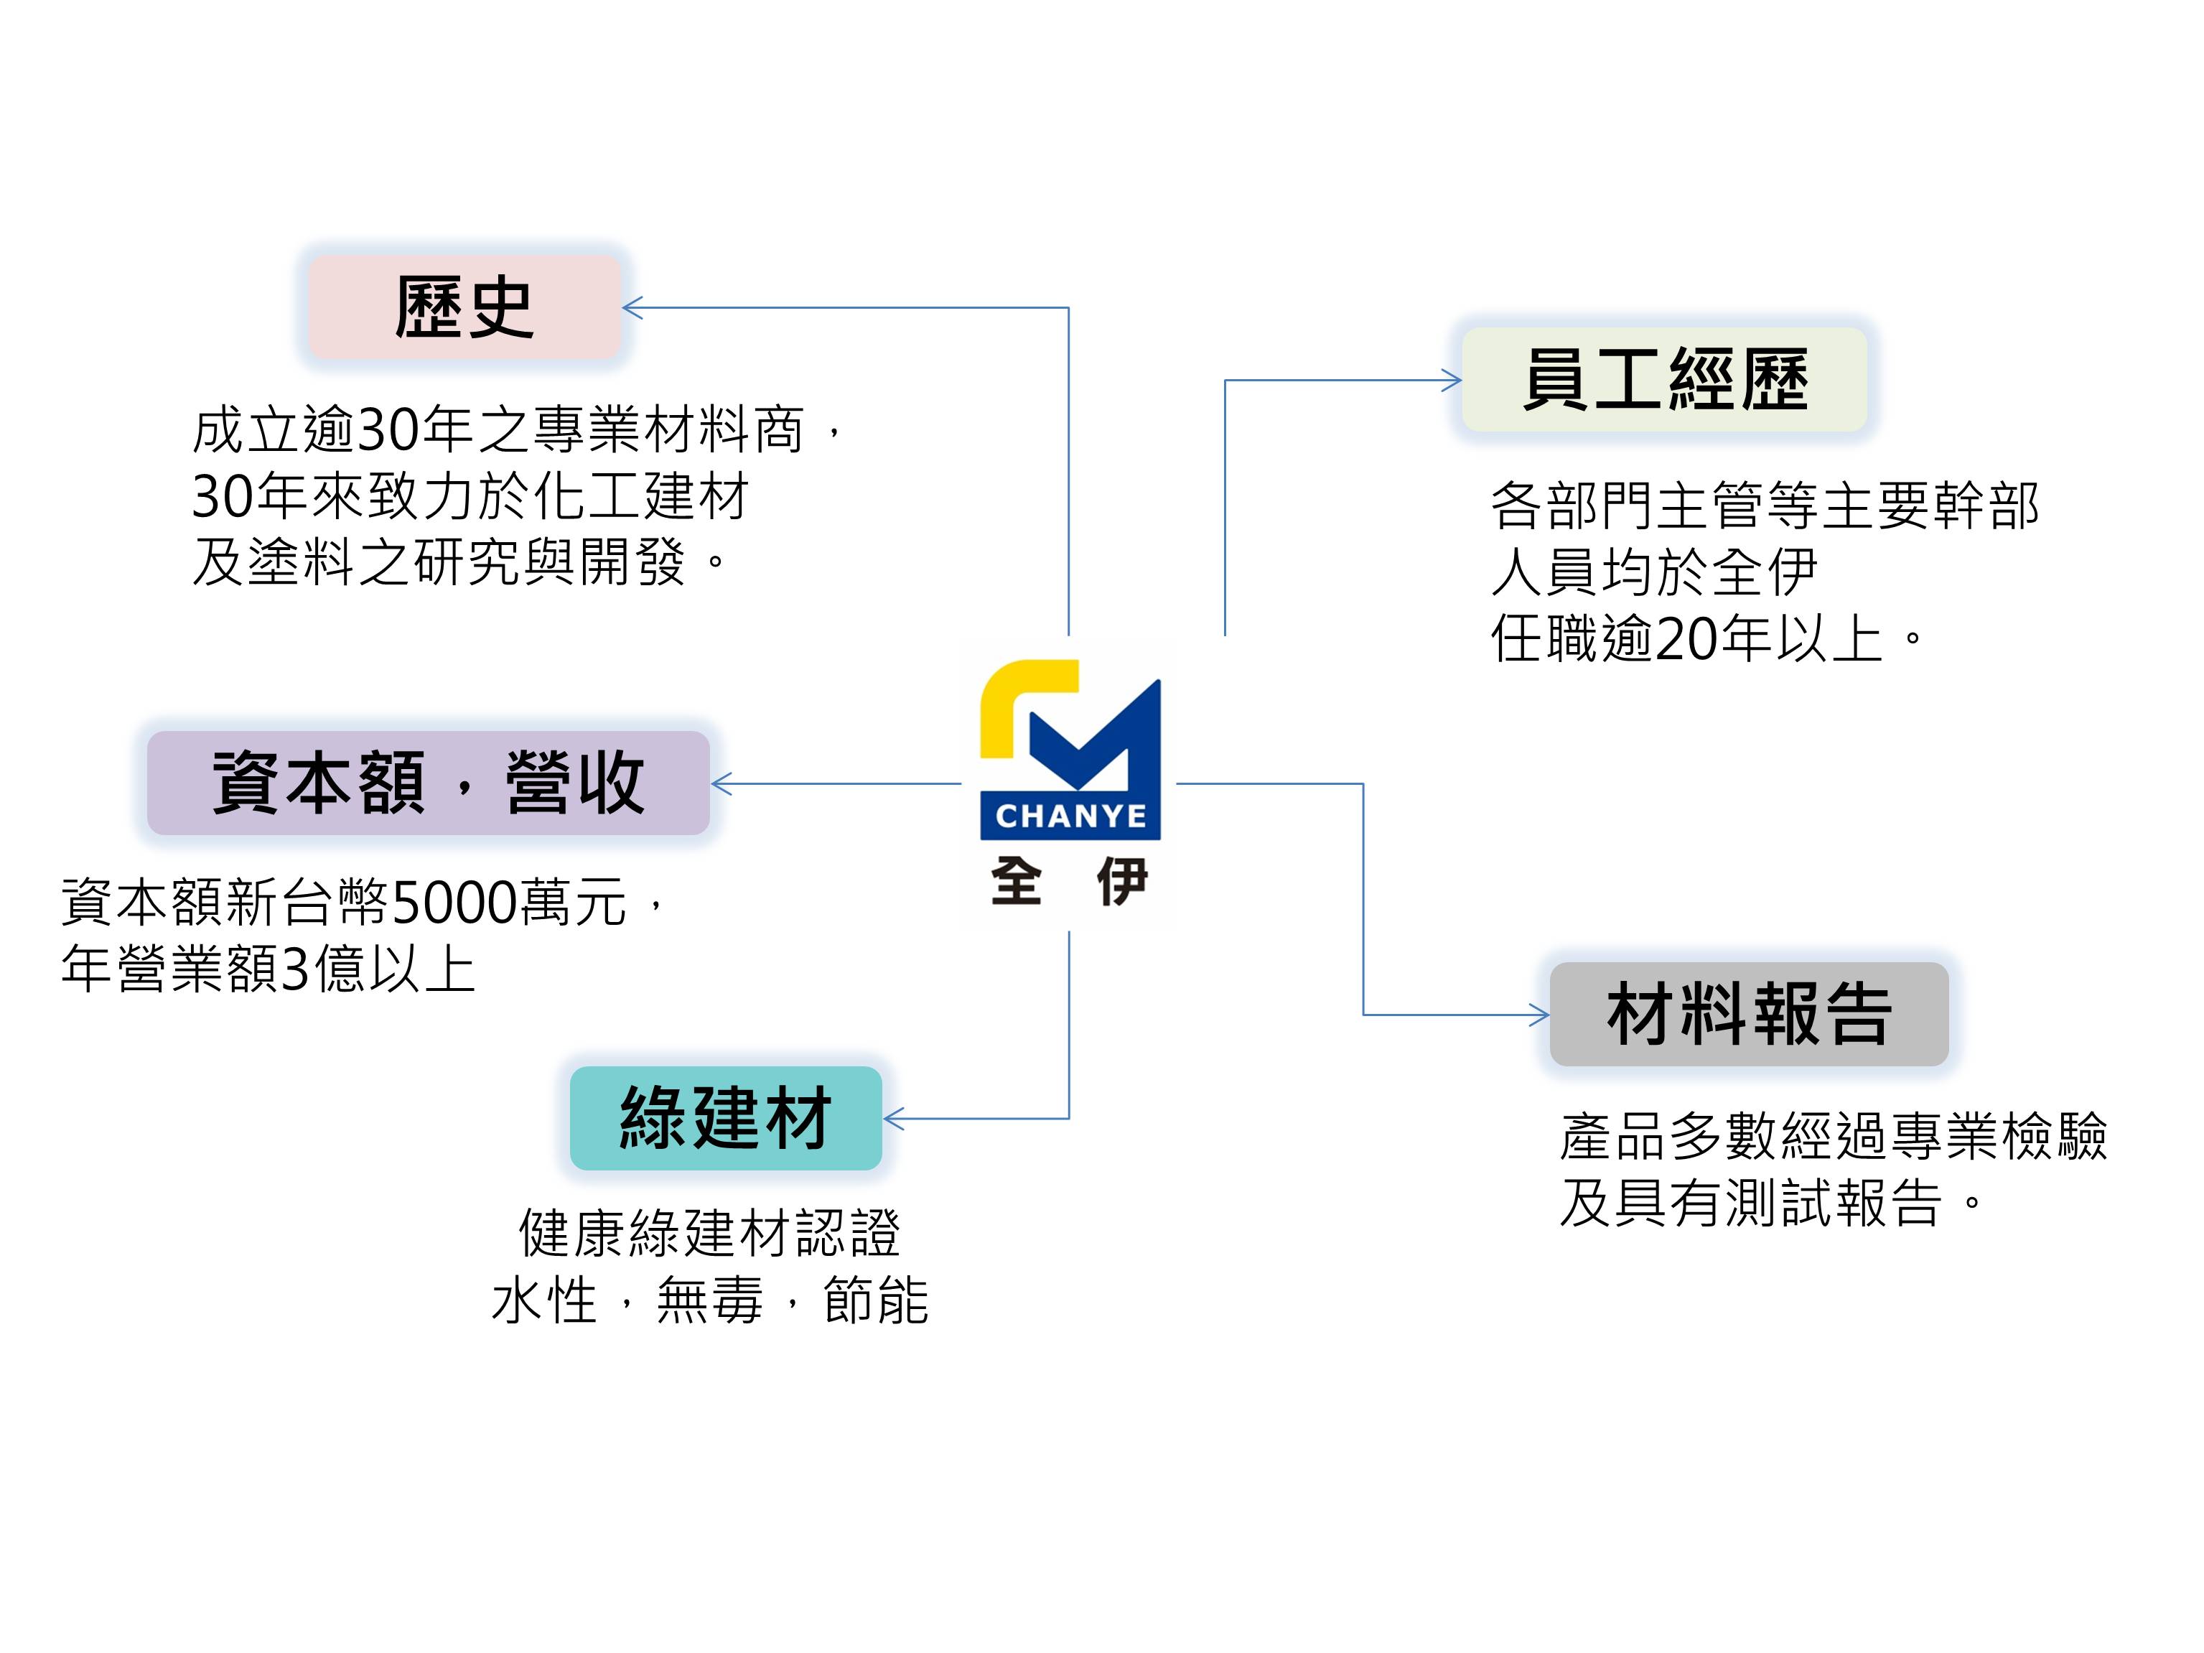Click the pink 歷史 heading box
coord(464,307)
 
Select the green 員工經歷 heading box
coord(1664,380)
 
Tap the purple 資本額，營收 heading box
coord(429,783)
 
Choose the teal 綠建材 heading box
coord(725,1118)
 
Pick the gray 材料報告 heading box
coord(1749,1015)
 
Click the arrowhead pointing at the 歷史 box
coord(632,308)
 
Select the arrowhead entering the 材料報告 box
coord(1541,1015)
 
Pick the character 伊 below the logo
coord(1123,882)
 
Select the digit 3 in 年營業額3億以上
coord(296,969)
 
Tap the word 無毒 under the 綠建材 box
coord(709,1301)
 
